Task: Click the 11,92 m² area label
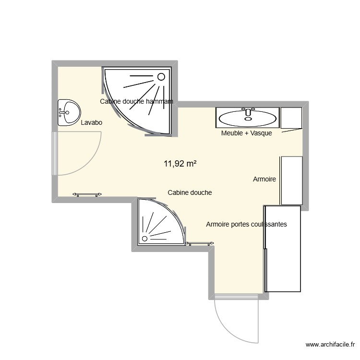point(180,164)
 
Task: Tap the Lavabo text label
point(92,123)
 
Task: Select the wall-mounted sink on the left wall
point(68,113)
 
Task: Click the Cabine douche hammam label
point(136,101)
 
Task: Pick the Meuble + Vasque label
point(246,133)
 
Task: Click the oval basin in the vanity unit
point(247,117)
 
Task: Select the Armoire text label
point(264,179)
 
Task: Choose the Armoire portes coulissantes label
point(246,224)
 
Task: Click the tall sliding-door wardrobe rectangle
point(283,249)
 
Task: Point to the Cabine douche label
point(190,192)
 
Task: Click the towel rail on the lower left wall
point(87,194)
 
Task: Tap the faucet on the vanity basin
point(248,110)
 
